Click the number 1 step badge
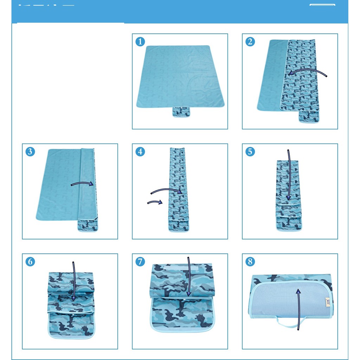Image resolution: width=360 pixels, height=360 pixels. point(140,42)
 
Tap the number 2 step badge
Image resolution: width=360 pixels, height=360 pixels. point(250,42)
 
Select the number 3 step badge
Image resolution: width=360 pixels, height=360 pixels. point(30,152)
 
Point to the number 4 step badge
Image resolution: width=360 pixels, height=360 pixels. point(140,152)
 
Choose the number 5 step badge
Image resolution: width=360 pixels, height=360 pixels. point(250,152)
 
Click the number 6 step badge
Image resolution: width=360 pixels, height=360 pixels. point(30,262)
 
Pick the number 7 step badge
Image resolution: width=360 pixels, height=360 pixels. point(140,262)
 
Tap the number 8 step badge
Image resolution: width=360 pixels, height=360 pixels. point(250,262)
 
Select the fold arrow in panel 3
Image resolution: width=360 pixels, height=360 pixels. point(82,184)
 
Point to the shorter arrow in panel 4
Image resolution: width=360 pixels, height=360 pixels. point(155,202)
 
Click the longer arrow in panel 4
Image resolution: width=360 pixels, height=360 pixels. point(166,190)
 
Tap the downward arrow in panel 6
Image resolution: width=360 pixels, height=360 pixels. point(74,281)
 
